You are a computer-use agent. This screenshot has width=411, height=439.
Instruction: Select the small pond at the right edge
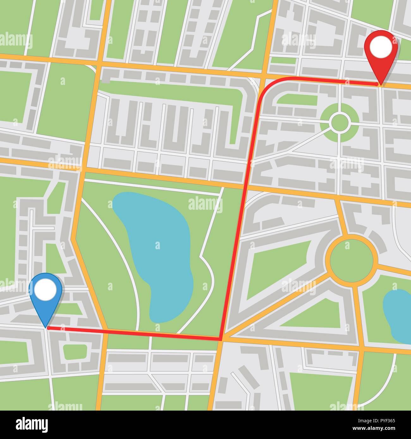coord(398,316)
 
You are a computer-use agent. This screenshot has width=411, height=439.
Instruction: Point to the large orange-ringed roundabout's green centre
coord(352,260)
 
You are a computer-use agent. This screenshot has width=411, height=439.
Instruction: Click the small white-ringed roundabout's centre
coord(340,122)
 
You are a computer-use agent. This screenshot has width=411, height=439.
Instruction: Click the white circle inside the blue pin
coord(45,289)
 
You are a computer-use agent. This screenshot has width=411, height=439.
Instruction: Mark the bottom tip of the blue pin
coord(46,328)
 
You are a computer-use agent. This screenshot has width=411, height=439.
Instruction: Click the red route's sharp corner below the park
coord(220,340)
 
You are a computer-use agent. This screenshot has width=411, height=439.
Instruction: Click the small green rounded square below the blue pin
coord(75,352)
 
